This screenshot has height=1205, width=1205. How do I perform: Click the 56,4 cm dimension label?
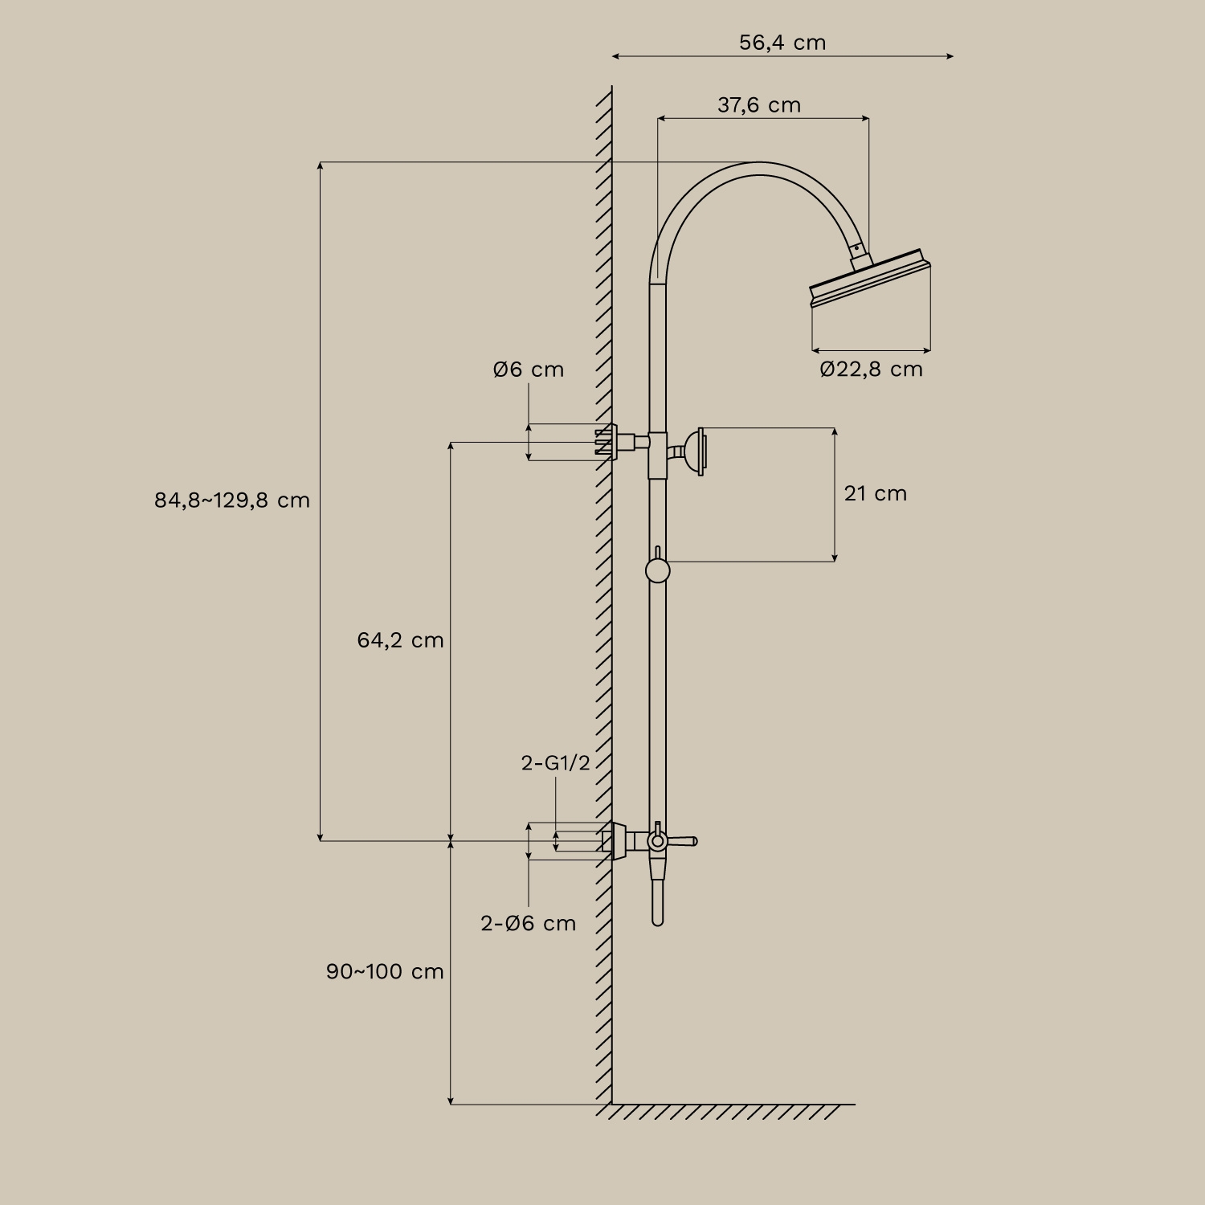click(x=782, y=43)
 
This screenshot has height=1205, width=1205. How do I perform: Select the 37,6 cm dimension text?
click(x=759, y=105)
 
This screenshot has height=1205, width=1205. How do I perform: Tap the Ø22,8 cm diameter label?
click(x=872, y=370)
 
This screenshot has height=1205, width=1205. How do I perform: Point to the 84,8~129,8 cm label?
click(x=232, y=500)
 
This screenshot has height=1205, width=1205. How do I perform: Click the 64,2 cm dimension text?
click(x=400, y=640)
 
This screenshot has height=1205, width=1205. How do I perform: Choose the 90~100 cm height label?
click(x=385, y=971)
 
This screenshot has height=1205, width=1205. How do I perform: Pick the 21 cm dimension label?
click(x=876, y=493)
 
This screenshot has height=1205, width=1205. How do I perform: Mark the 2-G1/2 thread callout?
click(x=556, y=762)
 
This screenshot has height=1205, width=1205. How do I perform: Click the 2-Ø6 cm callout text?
click(x=529, y=923)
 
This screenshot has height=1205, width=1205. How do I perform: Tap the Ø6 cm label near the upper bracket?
click(x=529, y=370)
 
